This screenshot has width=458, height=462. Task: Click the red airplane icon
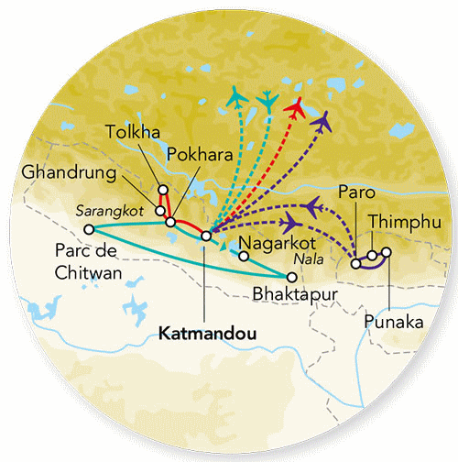point(295,106)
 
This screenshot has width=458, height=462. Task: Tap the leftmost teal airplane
point(237,96)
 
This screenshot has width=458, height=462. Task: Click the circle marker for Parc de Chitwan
point(89,230)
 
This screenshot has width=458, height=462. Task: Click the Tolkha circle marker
point(163,191)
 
